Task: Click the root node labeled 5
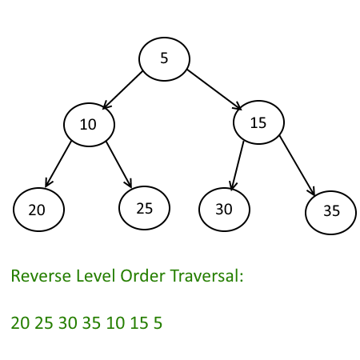point(164,59)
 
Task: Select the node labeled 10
point(89,125)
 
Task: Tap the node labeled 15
point(258,122)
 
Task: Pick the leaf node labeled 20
point(38,210)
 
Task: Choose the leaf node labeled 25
point(144,208)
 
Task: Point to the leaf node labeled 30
point(224,210)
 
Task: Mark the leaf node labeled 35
point(330,213)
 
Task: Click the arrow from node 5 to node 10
point(122,90)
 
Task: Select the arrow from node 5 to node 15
point(214,90)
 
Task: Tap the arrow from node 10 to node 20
point(58,164)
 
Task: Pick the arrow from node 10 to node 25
point(119,165)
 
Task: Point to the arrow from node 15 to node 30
point(238,166)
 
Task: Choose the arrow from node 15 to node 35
point(298,166)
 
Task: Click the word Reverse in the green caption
point(41,275)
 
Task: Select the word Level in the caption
point(96,275)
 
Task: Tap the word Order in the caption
point(142,275)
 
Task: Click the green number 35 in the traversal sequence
point(91,322)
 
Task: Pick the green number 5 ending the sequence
point(158,322)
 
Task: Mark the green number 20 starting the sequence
point(20,322)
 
